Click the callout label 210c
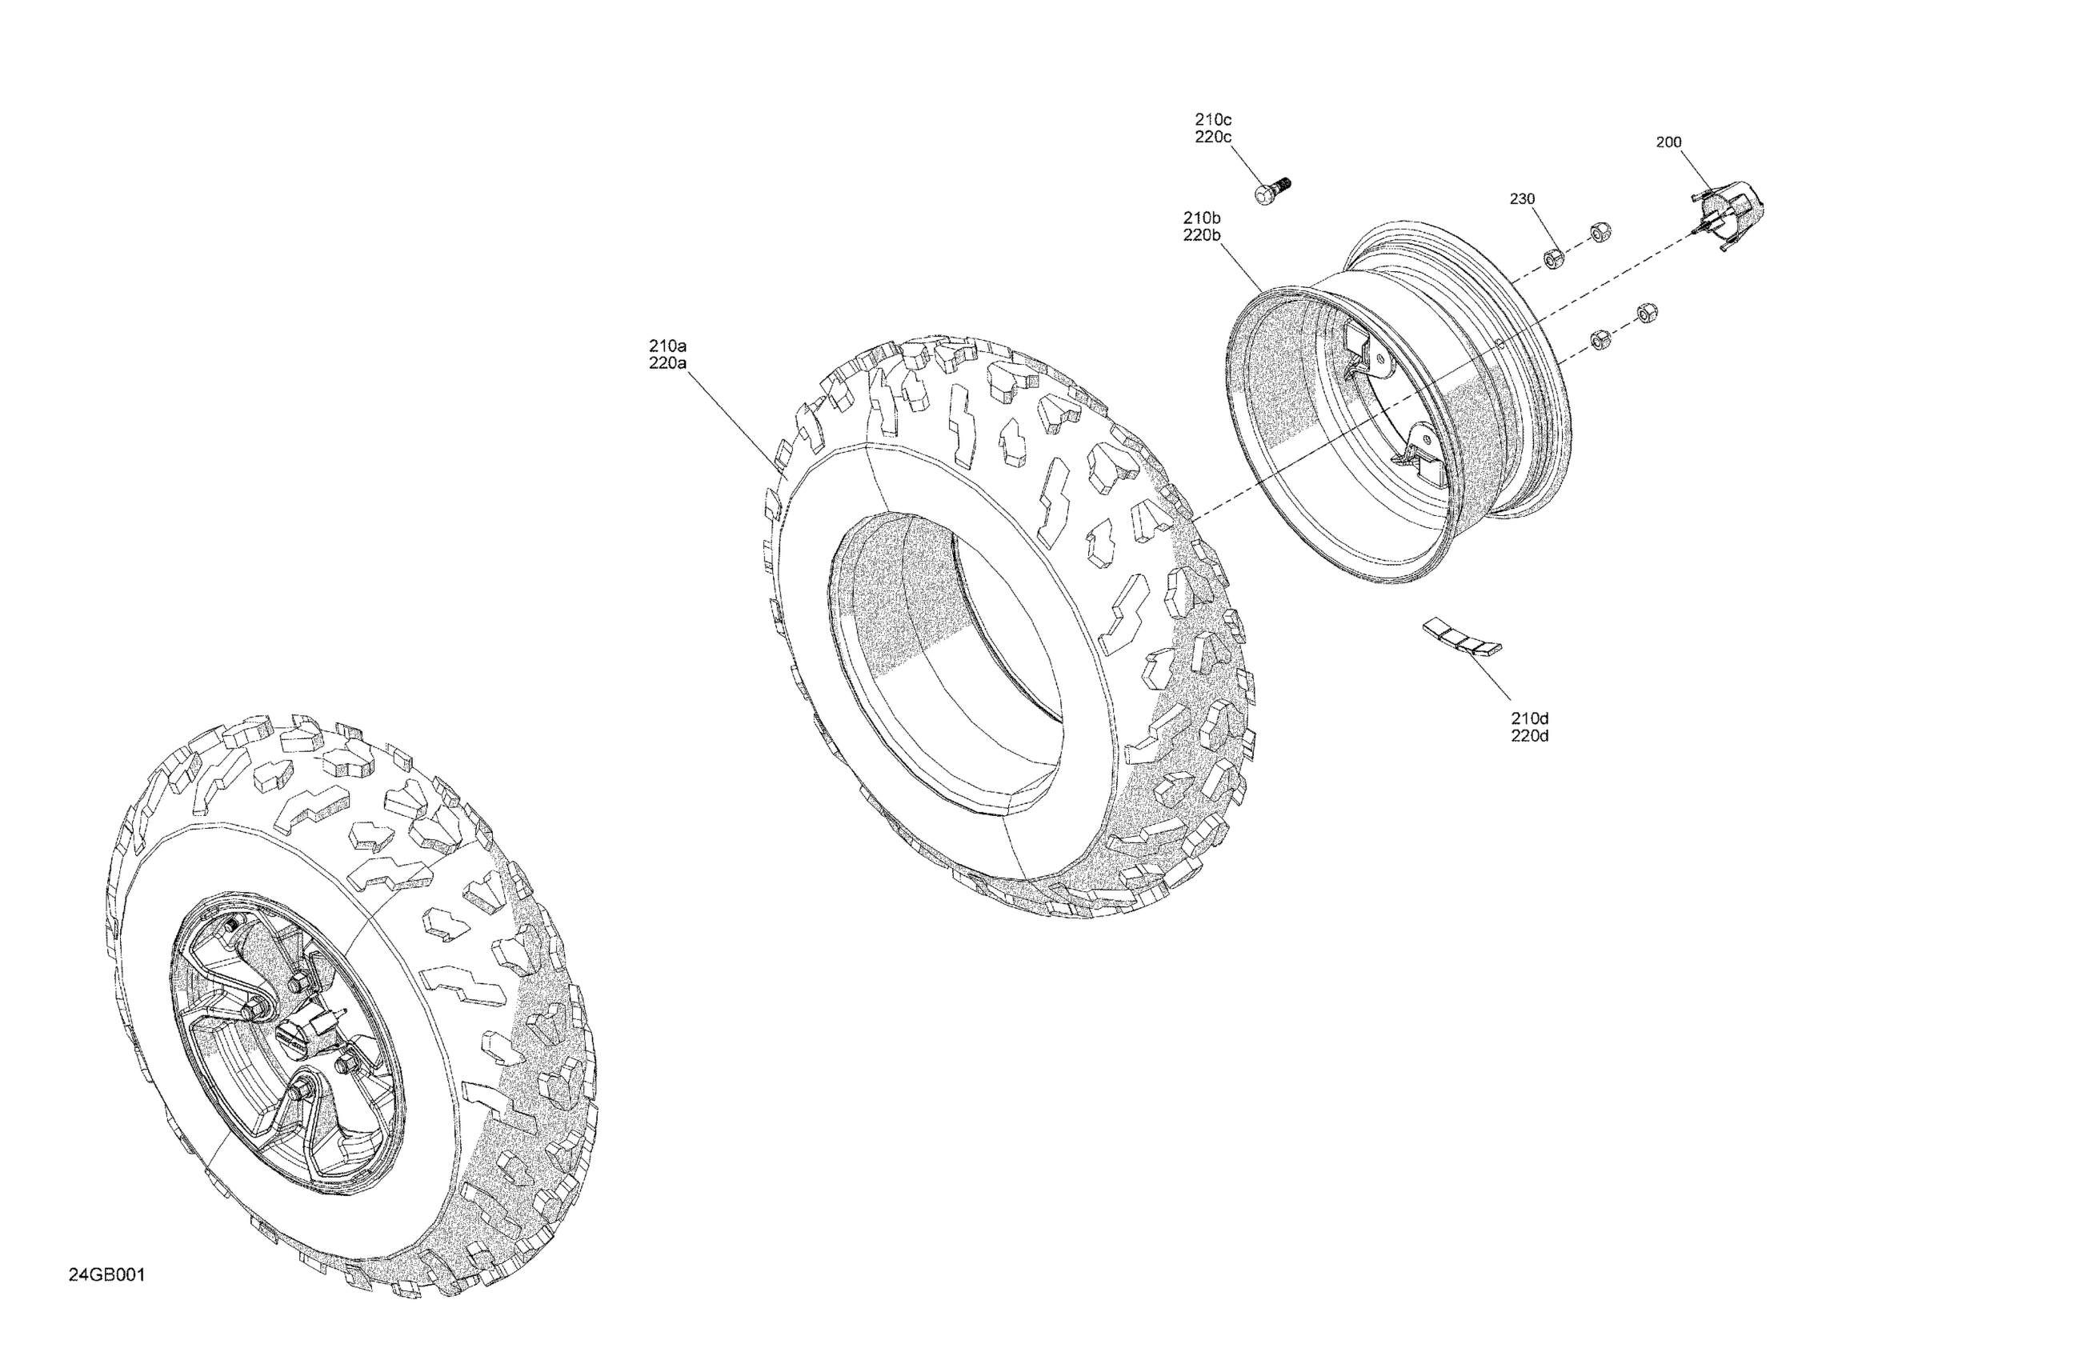pos(1213,119)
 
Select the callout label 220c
pos(1213,138)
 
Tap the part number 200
pos(1668,142)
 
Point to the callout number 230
pos(1523,199)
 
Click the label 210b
pos(1202,218)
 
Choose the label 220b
pos(1202,235)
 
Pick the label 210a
pos(667,346)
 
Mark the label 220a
pos(667,363)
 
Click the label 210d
pos(1529,718)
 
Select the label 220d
pos(1529,736)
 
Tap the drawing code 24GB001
pos(106,1275)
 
